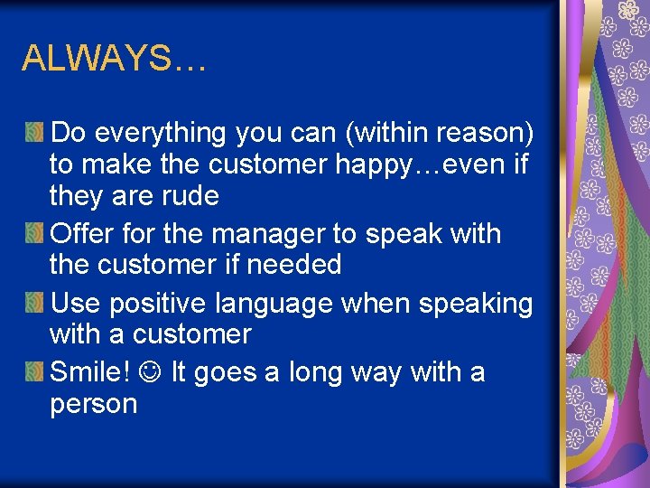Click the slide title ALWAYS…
(x=114, y=60)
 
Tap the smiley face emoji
(x=152, y=372)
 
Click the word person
(x=94, y=404)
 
